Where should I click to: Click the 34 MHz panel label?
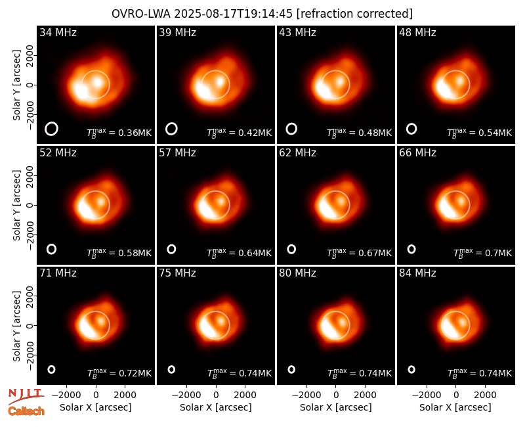pos(58,32)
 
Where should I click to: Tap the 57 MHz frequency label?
pos(177,153)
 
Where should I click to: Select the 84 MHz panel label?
pos(417,273)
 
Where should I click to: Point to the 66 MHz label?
pos(417,153)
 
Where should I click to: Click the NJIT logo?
pos(26,396)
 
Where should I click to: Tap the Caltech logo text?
pos(26,411)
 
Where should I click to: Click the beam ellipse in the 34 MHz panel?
pos(52,129)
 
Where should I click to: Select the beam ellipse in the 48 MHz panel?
pos(411,129)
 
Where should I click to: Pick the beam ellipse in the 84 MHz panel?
pos(411,369)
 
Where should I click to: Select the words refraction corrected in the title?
pos(355,14)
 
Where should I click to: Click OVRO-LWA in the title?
pos(141,14)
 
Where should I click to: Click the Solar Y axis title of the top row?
pos(16,85)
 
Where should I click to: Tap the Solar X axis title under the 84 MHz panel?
pos(455,407)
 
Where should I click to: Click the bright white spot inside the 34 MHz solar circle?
pos(97,81)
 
